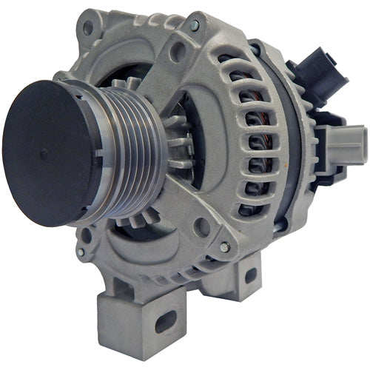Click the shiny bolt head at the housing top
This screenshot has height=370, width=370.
point(194,26)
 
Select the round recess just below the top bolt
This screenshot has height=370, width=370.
point(178,52)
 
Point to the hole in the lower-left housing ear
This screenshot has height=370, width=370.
point(83,255)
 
